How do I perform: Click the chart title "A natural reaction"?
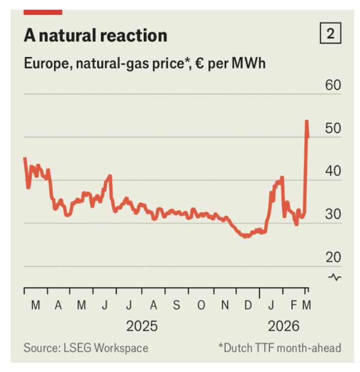click(x=96, y=35)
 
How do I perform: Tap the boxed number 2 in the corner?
click(x=330, y=34)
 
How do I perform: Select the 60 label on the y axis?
click(x=333, y=85)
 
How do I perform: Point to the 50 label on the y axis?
click(x=333, y=128)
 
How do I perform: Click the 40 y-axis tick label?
click(x=333, y=171)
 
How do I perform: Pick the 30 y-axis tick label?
click(x=333, y=215)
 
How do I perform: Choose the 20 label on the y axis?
click(x=333, y=258)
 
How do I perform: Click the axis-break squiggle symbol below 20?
click(x=335, y=277)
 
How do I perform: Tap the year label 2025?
click(x=142, y=326)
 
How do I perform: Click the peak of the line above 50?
click(x=306, y=121)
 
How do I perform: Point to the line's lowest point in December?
click(x=246, y=237)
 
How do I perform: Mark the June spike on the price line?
click(x=109, y=176)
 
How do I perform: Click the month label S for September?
click(x=176, y=306)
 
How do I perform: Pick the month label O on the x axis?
click(x=200, y=306)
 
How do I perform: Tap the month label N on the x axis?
click(x=224, y=306)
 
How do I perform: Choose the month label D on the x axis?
click(x=248, y=306)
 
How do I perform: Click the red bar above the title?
click(x=43, y=11)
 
